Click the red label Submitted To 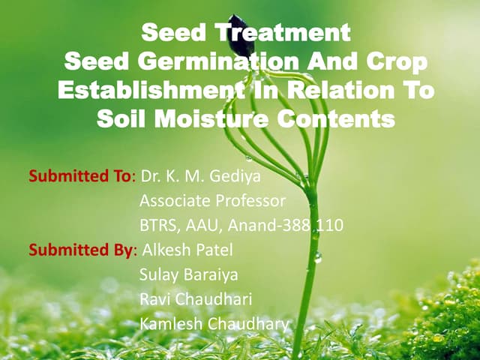(79, 177)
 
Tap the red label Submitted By (81, 250)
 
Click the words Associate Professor (212, 201)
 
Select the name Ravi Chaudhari (196, 299)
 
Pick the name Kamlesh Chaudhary (213, 324)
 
